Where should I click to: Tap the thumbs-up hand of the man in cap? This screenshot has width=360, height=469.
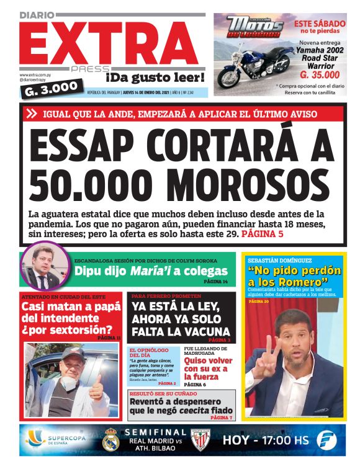click(x=96, y=387)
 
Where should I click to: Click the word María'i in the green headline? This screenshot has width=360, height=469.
click(x=151, y=271)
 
